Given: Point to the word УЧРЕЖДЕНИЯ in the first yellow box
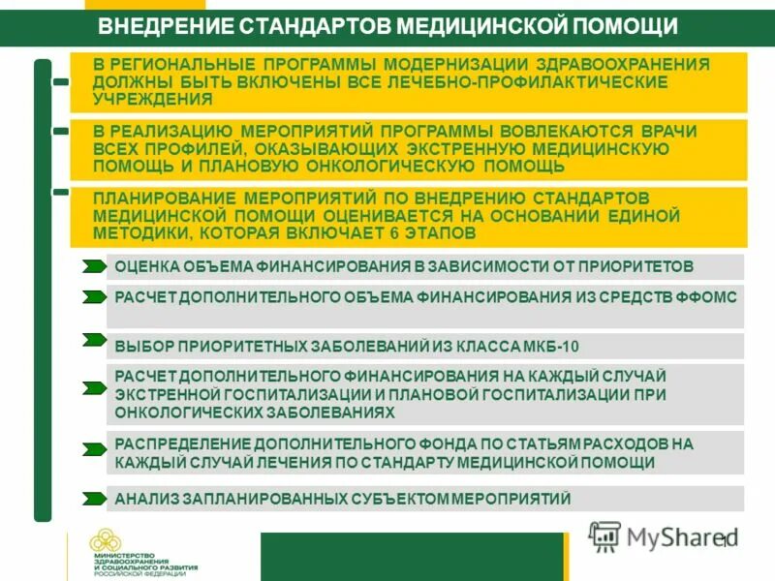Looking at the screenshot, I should tap(151, 99).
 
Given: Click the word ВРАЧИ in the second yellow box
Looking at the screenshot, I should tap(668, 131).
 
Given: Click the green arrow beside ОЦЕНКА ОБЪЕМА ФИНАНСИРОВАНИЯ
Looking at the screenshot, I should tap(94, 265).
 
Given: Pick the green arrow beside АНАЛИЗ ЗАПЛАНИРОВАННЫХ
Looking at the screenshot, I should tap(94, 499).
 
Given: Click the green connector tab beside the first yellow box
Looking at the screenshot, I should tap(61, 82).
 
